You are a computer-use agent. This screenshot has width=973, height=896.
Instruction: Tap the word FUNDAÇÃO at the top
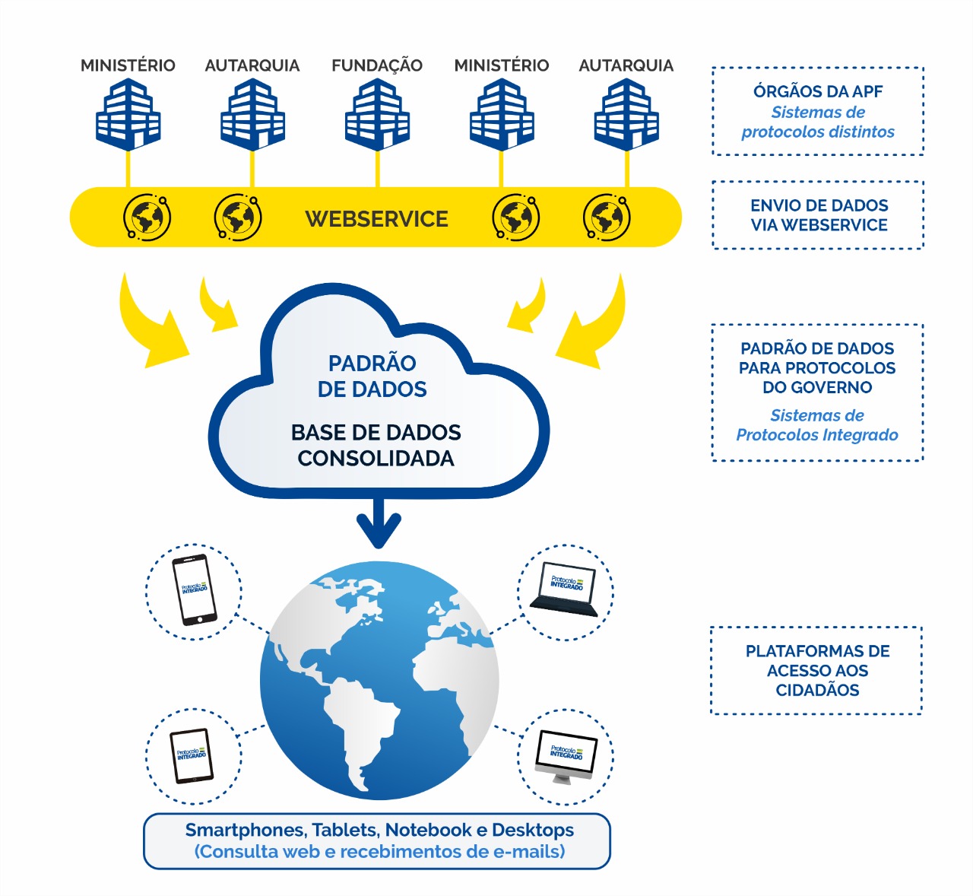pos(377,65)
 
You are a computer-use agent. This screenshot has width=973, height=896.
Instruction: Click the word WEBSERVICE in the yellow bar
pos(377,219)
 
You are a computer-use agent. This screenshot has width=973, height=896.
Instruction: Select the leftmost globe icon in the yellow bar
pos(147,218)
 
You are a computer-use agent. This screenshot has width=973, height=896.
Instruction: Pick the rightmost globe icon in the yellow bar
pos(606,218)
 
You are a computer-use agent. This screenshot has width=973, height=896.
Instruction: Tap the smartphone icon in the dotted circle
pos(194,591)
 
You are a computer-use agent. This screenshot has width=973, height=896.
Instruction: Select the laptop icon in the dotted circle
pos(566,590)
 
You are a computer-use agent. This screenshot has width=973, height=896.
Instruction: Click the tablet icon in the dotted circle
pos(192,756)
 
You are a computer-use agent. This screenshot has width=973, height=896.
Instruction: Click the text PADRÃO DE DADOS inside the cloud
pos(372,376)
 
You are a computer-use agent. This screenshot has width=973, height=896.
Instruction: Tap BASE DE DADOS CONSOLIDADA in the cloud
pos(376,445)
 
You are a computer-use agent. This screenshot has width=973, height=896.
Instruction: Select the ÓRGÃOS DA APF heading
pos(818,91)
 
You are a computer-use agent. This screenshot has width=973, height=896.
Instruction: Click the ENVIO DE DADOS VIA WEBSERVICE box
pos(818,215)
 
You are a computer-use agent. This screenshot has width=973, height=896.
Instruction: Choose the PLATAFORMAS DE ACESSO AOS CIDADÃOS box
pos(816,670)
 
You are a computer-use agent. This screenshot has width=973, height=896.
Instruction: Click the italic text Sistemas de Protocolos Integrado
pos(817,425)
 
